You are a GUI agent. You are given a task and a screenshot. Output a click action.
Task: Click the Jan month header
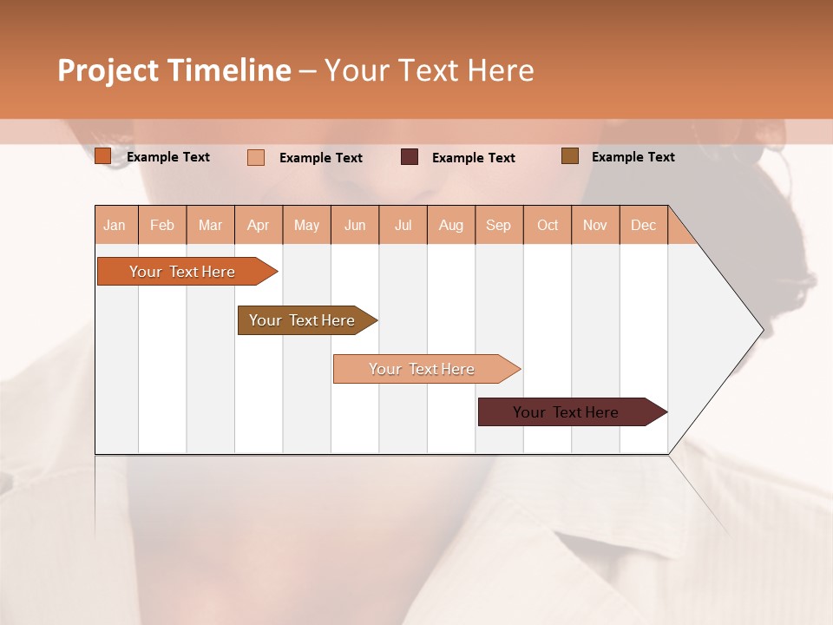click(x=115, y=225)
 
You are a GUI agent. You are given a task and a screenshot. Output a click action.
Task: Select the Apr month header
click(x=259, y=225)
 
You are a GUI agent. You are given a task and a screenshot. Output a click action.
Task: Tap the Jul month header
click(x=403, y=225)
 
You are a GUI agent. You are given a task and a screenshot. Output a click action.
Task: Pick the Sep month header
click(x=498, y=225)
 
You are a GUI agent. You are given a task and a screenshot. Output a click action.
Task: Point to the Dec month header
click(x=643, y=225)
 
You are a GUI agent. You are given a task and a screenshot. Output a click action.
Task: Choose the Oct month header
click(x=548, y=225)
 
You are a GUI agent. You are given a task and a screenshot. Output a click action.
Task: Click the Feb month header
click(x=162, y=225)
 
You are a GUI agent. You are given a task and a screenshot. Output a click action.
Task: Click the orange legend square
click(x=103, y=156)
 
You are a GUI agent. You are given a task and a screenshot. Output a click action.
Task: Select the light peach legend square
click(x=256, y=157)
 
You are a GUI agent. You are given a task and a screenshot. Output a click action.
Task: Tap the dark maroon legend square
click(x=410, y=157)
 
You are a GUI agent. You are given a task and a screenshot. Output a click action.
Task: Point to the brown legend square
click(x=570, y=156)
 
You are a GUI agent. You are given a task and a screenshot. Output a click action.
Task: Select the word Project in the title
click(x=108, y=70)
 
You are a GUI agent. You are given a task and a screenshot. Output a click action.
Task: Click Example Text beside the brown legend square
click(x=633, y=157)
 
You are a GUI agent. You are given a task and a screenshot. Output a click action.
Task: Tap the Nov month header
click(x=595, y=225)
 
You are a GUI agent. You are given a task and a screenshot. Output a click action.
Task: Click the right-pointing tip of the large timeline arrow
click(x=760, y=330)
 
